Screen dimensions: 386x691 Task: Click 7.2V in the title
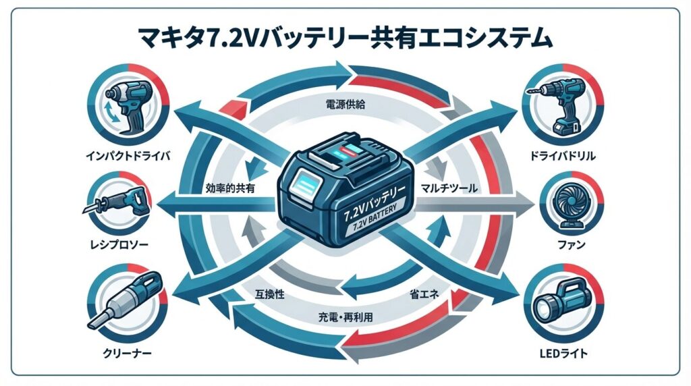311,37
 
